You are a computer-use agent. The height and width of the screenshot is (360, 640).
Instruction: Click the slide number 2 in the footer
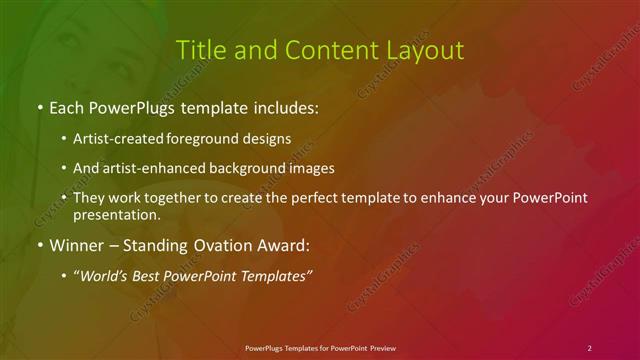(x=590, y=347)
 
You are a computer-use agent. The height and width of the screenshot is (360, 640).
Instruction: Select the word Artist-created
(x=111, y=138)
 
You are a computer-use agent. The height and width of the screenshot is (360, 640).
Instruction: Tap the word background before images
(x=250, y=168)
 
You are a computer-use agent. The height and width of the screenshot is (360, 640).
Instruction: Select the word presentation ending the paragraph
(x=115, y=215)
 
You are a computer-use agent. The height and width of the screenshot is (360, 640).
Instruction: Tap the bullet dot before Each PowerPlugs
(x=39, y=107)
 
